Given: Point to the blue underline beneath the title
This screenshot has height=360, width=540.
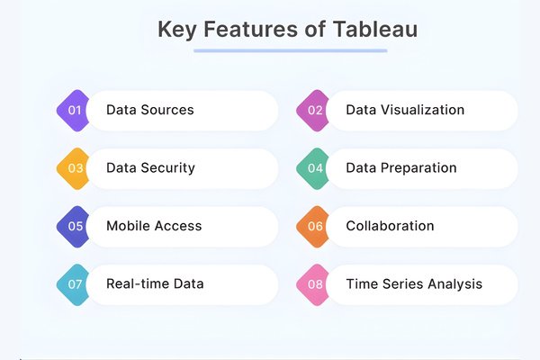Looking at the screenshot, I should pos(290,50).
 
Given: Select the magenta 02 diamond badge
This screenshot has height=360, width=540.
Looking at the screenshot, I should pos(315,111).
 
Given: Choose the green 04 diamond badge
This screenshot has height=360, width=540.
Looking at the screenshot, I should pos(315,168).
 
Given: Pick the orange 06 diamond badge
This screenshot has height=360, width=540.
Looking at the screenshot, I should pos(315,226).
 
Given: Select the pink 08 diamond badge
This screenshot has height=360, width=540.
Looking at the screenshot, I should pos(315,283).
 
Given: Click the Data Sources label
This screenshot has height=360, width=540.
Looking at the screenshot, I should pos(149,111).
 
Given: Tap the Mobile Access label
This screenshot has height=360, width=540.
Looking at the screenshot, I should pos(154,226).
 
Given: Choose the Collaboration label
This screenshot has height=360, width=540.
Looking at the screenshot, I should pos(390,226).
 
